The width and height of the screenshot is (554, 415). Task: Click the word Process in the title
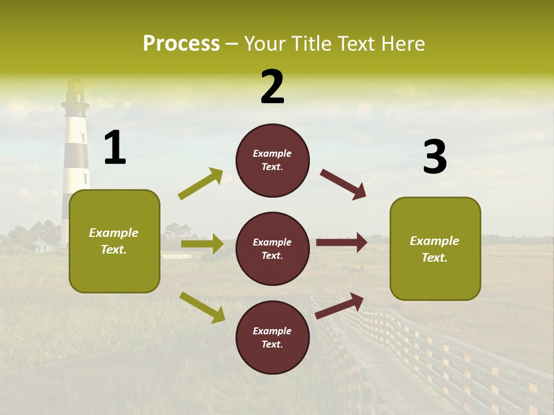click(x=181, y=44)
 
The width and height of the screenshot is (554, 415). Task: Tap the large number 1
click(x=115, y=148)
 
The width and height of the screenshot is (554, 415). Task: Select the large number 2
click(x=272, y=87)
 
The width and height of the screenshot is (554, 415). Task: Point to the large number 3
click(x=435, y=157)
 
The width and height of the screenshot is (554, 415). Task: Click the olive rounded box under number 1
click(x=114, y=241)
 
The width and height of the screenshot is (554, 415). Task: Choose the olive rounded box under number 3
click(x=435, y=249)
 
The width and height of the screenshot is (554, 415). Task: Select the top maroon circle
click(x=272, y=160)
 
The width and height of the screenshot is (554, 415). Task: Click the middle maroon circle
click(x=272, y=248)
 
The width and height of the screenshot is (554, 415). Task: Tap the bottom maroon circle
click(x=272, y=337)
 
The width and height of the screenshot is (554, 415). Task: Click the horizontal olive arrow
click(x=202, y=244)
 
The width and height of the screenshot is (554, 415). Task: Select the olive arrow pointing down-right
click(x=202, y=307)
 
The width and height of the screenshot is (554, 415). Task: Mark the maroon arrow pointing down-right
click(x=343, y=184)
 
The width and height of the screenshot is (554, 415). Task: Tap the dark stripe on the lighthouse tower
click(x=76, y=154)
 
